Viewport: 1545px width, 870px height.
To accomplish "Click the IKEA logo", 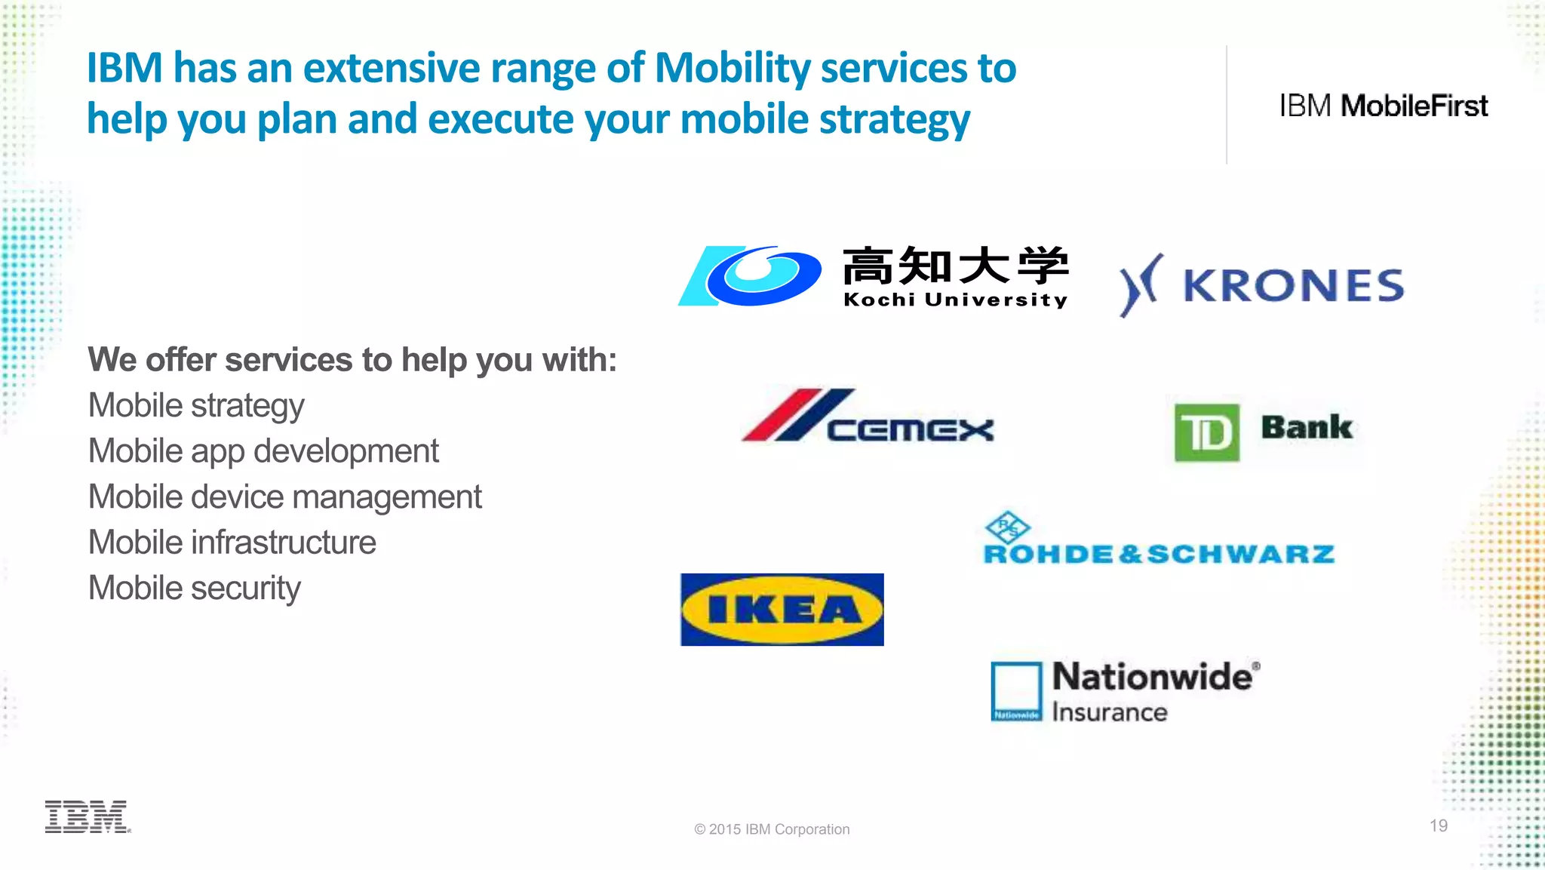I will click(x=782, y=610).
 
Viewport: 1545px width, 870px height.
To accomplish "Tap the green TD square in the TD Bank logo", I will click(x=1206, y=432).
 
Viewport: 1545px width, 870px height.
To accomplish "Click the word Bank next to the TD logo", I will click(x=1307, y=427).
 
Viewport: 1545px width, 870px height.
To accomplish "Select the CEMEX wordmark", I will click(x=910, y=430).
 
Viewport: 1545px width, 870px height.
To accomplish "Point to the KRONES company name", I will click(x=1293, y=286).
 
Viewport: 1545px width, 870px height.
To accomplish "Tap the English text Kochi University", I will click(x=955, y=300).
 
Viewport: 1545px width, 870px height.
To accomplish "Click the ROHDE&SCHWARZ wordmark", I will click(x=1159, y=555).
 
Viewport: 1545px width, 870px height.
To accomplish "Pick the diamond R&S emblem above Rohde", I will click(x=1007, y=526).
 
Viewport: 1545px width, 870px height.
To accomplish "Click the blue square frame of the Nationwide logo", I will click(x=1016, y=690).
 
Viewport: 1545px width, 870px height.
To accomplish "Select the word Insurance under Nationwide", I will click(x=1109, y=712).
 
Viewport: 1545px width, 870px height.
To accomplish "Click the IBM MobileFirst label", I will click(x=1383, y=106).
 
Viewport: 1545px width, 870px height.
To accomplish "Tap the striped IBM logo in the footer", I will click(x=87, y=816).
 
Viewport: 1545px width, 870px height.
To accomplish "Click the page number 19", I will click(x=1438, y=825).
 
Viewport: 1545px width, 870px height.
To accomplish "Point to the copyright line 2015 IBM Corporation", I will click(x=772, y=829).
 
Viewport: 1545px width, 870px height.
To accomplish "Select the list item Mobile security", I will click(x=195, y=588).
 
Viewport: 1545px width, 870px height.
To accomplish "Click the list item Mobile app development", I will click(x=263, y=451).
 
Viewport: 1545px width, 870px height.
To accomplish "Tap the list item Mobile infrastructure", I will click(x=232, y=543).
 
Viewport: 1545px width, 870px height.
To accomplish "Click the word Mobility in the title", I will click(x=732, y=68).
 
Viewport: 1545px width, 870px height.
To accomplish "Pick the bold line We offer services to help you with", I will click(x=352, y=360).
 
